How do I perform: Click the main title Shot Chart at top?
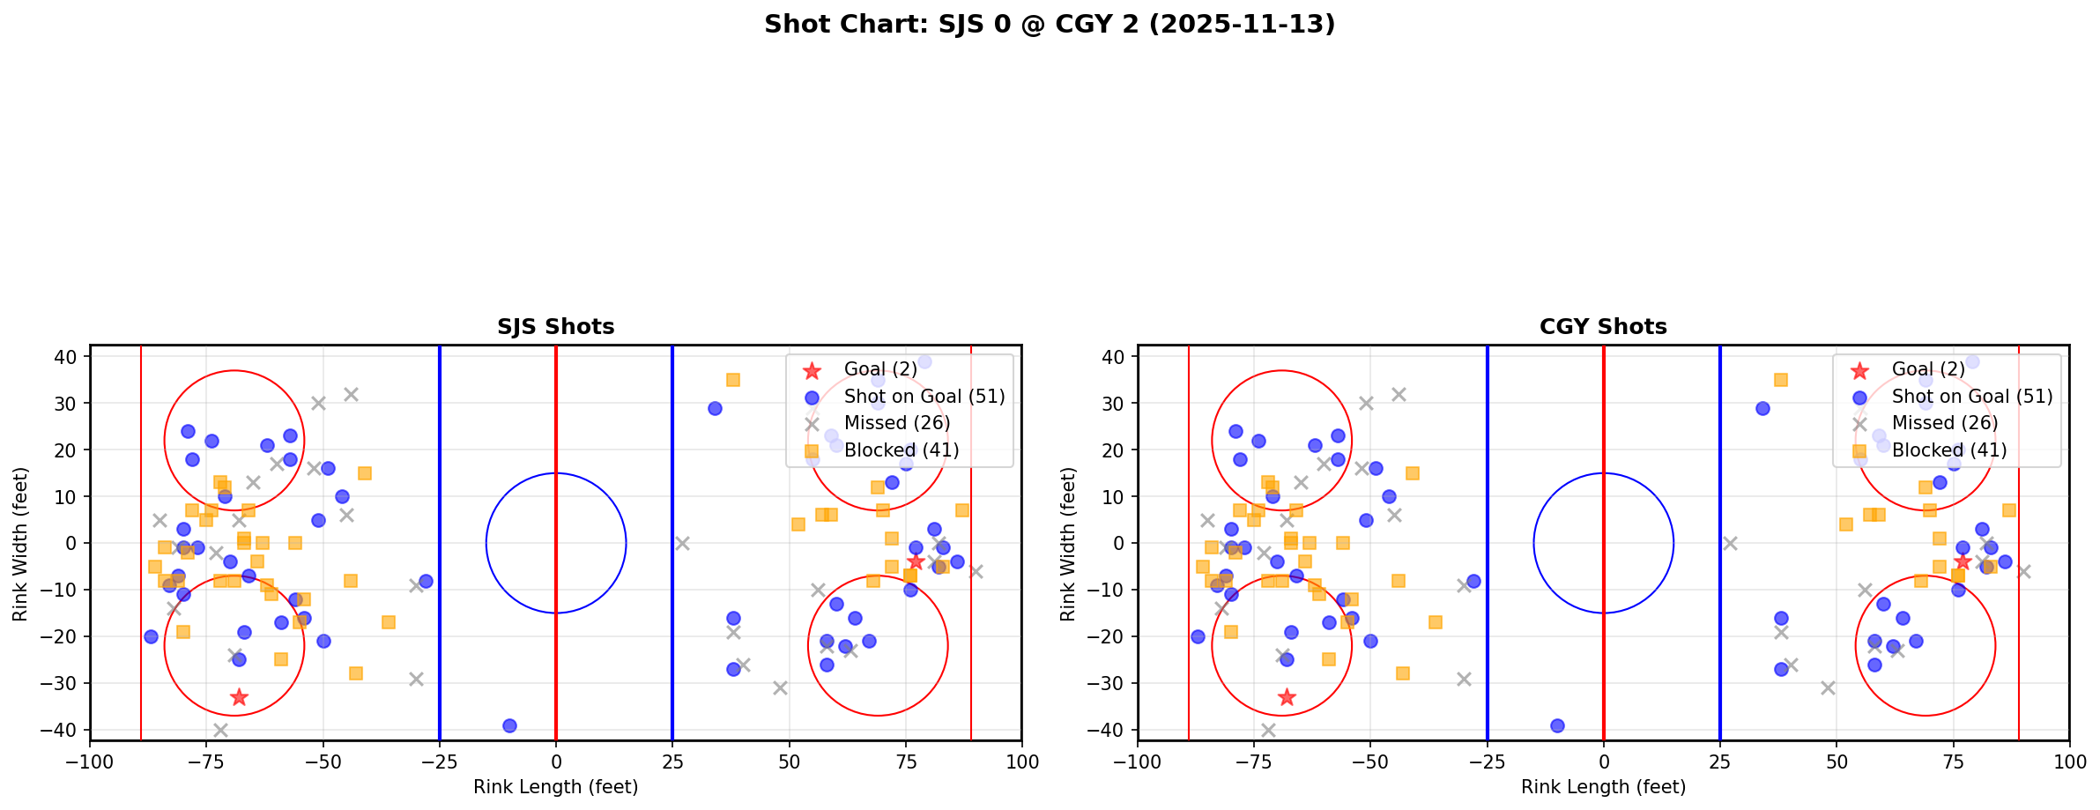click(x=1049, y=25)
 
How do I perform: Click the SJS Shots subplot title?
click(x=555, y=327)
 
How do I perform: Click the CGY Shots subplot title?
click(x=1603, y=327)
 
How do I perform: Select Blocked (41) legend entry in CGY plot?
click(x=1948, y=450)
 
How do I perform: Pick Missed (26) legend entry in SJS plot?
click(x=896, y=423)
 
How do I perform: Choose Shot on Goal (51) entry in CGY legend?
click(x=1971, y=397)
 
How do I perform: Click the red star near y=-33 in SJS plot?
click(x=239, y=697)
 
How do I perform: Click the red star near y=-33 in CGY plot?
click(x=1287, y=697)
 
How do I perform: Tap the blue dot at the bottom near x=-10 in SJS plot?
click(x=509, y=725)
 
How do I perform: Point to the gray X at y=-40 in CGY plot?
click(x=1268, y=730)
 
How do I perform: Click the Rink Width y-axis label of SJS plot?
click(x=20, y=544)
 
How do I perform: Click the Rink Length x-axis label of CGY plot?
click(x=1603, y=787)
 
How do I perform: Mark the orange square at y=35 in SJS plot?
click(x=732, y=380)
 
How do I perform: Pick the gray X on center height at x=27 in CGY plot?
click(x=1730, y=543)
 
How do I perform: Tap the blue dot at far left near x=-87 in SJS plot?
click(x=151, y=636)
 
